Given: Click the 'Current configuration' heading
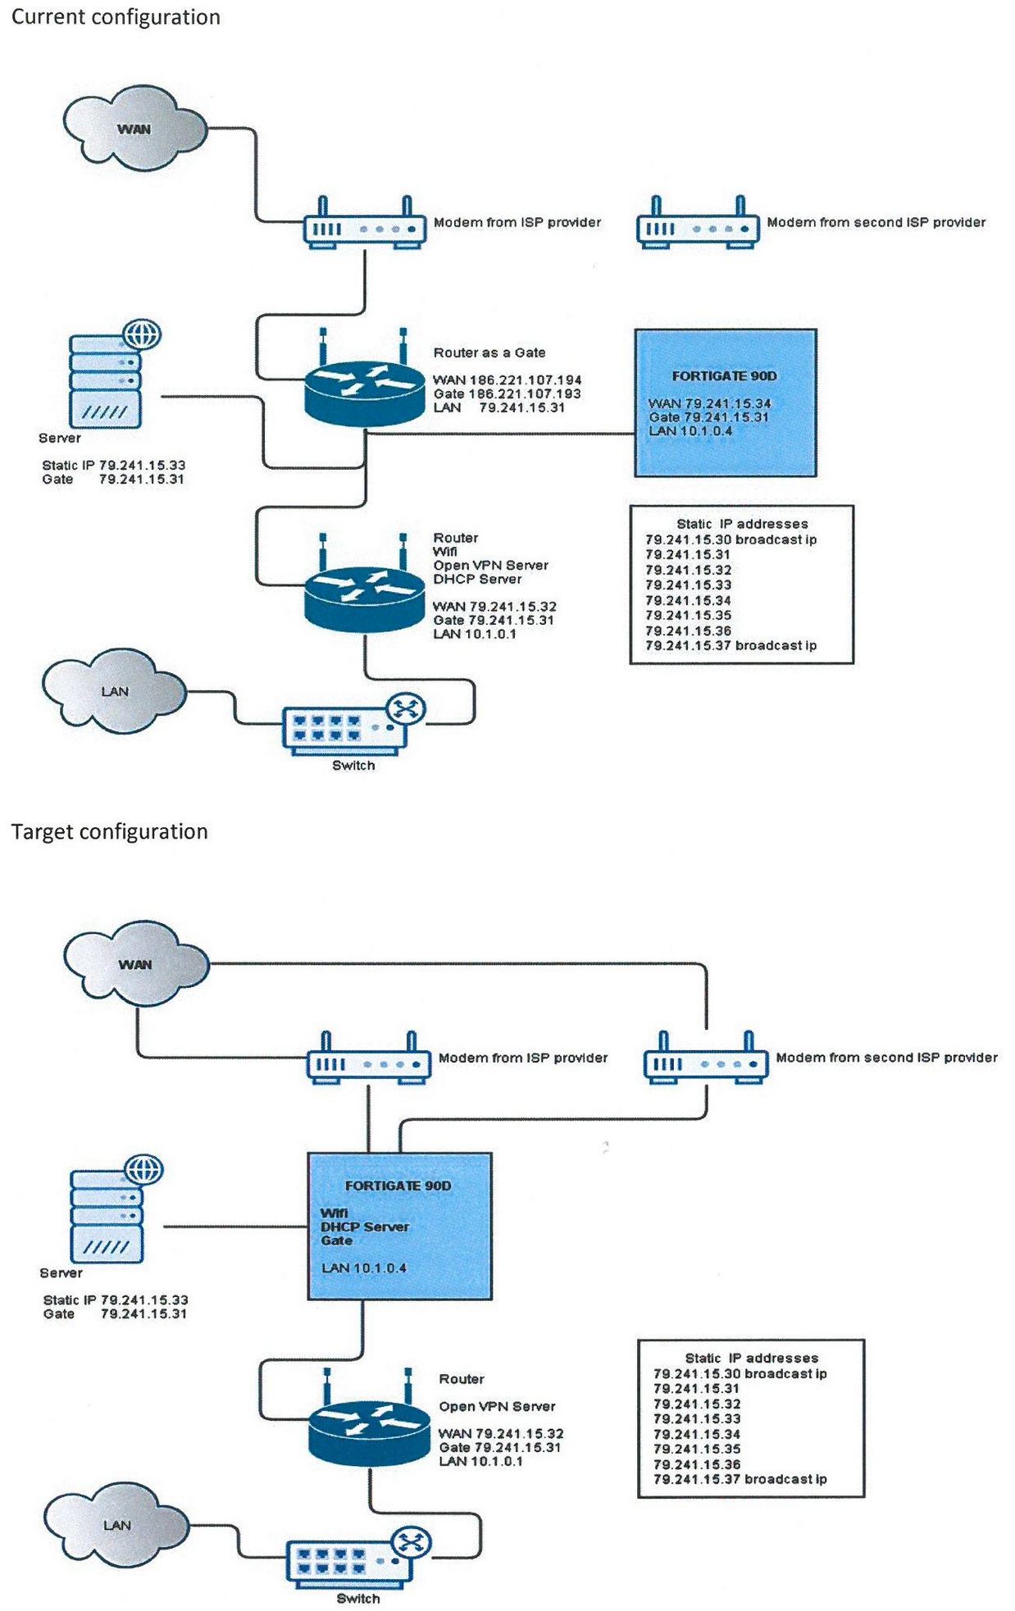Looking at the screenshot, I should (x=116, y=17).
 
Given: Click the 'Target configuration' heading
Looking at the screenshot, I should (x=109, y=831).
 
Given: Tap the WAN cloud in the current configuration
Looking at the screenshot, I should (x=134, y=129).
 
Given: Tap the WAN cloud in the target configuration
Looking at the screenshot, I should (x=135, y=964).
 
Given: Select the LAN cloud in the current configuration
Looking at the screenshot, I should (x=114, y=691).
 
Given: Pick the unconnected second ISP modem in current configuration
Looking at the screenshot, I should (x=698, y=226).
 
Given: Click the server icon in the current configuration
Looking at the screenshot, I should (x=107, y=382).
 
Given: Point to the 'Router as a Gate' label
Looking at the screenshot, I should (x=489, y=353).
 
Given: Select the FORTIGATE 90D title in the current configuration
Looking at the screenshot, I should (x=724, y=376).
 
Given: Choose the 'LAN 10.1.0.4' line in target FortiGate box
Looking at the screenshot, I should (x=363, y=1268).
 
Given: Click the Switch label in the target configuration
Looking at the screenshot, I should (x=358, y=1599).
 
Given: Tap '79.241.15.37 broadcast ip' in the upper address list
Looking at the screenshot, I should (x=731, y=646).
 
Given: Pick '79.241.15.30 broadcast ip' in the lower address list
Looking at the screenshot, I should (x=740, y=1374).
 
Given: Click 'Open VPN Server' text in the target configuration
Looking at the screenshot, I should (x=497, y=1407).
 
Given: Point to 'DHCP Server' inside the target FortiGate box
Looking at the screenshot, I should (x=365, y=1227).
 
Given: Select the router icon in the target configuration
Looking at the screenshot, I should (x=369, y=1431).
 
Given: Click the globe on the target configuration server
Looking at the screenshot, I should (x=144, y=1170).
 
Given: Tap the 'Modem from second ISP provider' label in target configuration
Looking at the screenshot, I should (x=886, y=1058).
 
